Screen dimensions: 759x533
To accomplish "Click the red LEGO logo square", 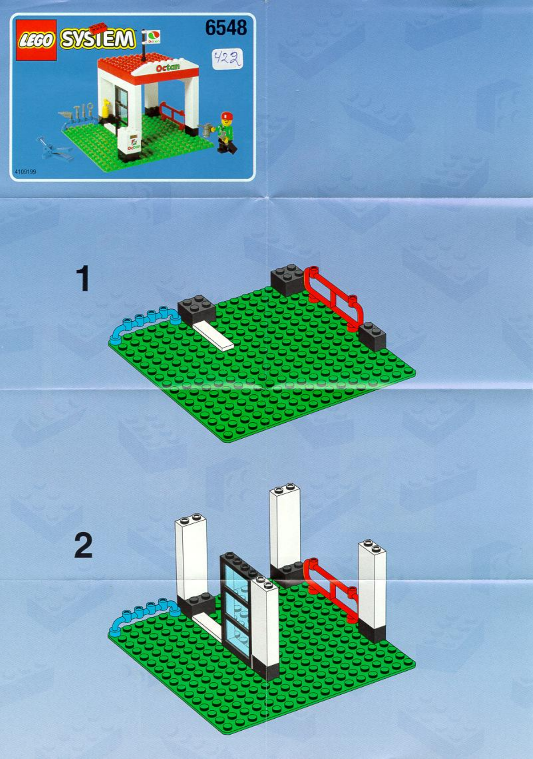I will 36,40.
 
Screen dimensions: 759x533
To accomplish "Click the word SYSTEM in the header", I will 98,39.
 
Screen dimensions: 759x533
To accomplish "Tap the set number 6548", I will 226,28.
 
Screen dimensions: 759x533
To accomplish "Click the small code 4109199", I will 25,172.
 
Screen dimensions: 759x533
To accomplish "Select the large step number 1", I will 83,279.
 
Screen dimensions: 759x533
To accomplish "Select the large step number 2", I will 83,546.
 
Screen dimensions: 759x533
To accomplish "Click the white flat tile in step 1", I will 213,335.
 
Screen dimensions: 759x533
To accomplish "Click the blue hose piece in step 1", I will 140,323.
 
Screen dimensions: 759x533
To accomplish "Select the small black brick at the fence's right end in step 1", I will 372,336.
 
